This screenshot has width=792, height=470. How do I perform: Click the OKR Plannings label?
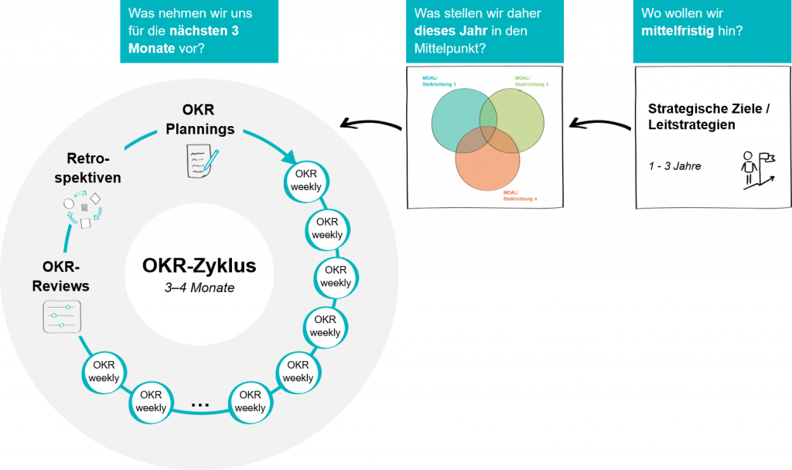click(x=200, y=119)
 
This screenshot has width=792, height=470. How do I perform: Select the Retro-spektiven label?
click(x=94, y=168)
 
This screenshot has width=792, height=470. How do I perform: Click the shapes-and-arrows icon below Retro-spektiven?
click(x=81, y=210)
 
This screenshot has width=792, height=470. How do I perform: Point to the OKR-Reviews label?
click(x=61, y=275)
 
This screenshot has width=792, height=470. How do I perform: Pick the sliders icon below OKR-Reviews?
click(x=61, y=316)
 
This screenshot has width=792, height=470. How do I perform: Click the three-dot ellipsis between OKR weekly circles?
click(x=200, y=403)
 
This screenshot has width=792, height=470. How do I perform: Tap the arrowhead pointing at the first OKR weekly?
click(x=291, y=157)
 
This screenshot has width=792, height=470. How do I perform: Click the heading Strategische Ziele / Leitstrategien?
click(x=708, y=116)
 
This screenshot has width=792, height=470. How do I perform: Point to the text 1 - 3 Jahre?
click(x=674, y=165)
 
